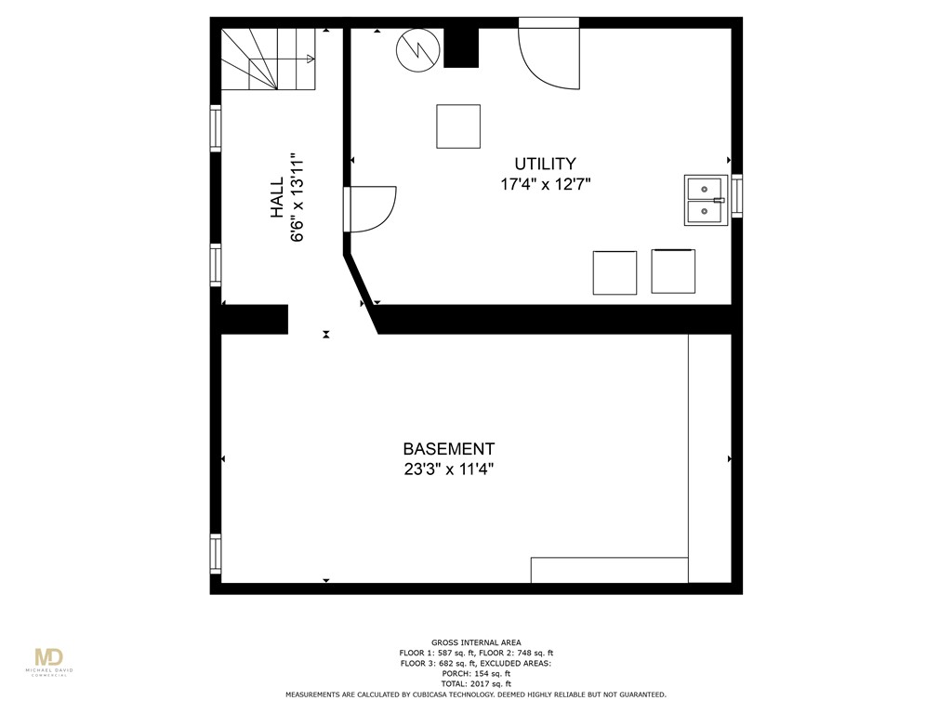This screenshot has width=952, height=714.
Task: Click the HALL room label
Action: coord(277,198)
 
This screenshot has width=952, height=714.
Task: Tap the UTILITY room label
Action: coord(546,165)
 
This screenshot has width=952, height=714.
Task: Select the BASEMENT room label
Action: coord(448,449)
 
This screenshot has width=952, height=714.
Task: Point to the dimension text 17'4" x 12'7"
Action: coord(546,185)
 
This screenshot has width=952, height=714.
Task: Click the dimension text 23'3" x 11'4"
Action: coord(448,469)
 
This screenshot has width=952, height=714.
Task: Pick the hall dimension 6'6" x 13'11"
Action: coord(298,198)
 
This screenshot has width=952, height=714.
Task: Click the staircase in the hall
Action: coord(268,59)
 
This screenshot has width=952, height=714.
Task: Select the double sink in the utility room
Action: coord(707,200)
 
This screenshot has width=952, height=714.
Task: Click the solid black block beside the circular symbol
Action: coord(461,47)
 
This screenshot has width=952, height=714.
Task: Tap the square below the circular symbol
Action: coord(458,126)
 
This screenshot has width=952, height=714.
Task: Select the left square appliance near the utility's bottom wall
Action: coord(615,272)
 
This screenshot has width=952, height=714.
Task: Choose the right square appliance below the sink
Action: coord(673,271)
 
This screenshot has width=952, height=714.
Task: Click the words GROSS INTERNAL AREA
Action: coord(476,642)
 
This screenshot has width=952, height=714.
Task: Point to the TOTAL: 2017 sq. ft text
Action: coord(476,684)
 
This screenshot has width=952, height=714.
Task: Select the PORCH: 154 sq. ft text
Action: coord(476,674)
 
